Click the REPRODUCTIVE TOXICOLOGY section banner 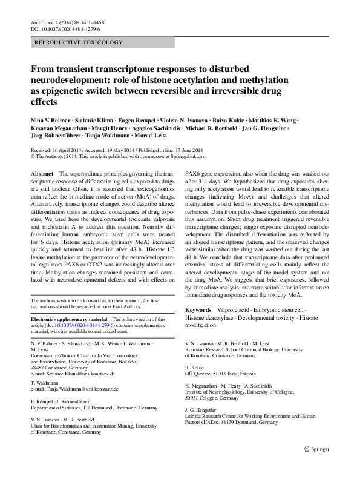coord(79,42)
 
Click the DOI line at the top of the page coord(65,28)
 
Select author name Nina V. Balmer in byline coord(52,120)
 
